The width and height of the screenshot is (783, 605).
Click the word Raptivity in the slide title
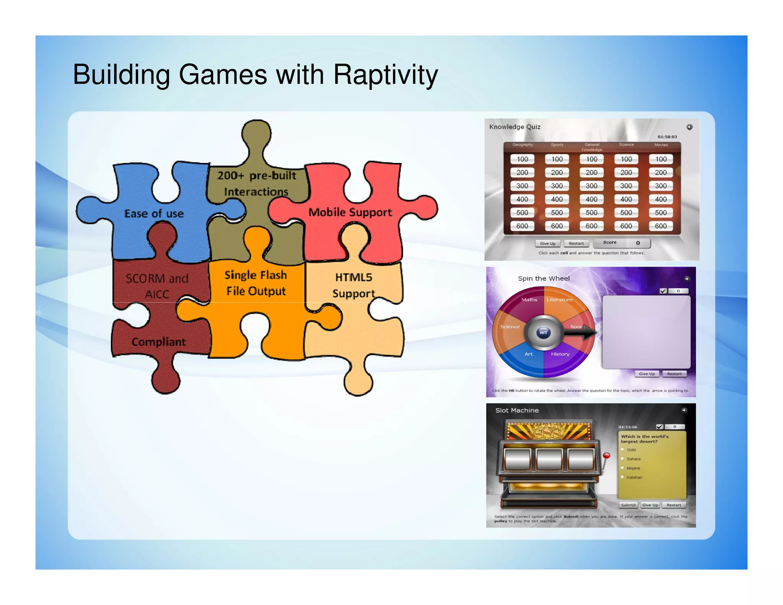(x=385, y=75)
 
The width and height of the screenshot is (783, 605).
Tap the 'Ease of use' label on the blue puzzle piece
(x=154, y=213)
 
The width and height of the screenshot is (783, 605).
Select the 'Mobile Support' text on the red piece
(x=350, y=212)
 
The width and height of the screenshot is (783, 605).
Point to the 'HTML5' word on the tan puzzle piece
(x=354, y=277)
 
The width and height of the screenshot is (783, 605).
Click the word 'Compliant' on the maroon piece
(x=159, y=342)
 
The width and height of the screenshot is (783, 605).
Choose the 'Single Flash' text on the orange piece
(x=255, y=275)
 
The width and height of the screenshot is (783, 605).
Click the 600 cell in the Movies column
(x=661, y=226)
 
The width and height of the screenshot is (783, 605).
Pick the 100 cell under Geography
(x=522, y=159)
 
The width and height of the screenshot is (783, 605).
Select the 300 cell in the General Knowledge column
(x=591, y=186)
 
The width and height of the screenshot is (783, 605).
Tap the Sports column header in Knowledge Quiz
(x=557, y=145)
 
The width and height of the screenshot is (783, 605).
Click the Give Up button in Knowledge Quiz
(x=547, y=244)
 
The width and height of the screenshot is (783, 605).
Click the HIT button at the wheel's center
(x=543, y=333)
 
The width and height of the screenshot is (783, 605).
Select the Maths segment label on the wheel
(x=529, y=300)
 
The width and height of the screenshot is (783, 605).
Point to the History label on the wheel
(x=560, y=354)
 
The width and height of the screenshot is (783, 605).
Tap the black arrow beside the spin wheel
(x=580, y=333)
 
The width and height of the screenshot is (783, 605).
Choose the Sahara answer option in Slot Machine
(x=633, y=459)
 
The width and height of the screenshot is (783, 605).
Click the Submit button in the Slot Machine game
(x=628, y=505)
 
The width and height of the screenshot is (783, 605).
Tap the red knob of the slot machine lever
(x=606, y=455)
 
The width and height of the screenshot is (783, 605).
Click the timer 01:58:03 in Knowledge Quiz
(x=667, y=137)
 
